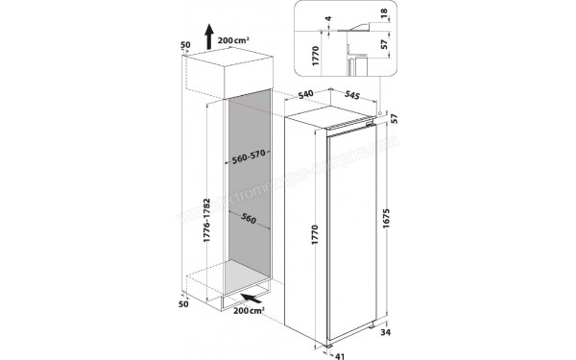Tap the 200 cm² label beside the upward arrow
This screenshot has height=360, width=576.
(x=233, y=39)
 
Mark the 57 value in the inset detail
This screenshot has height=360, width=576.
(x=383, y=44)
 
